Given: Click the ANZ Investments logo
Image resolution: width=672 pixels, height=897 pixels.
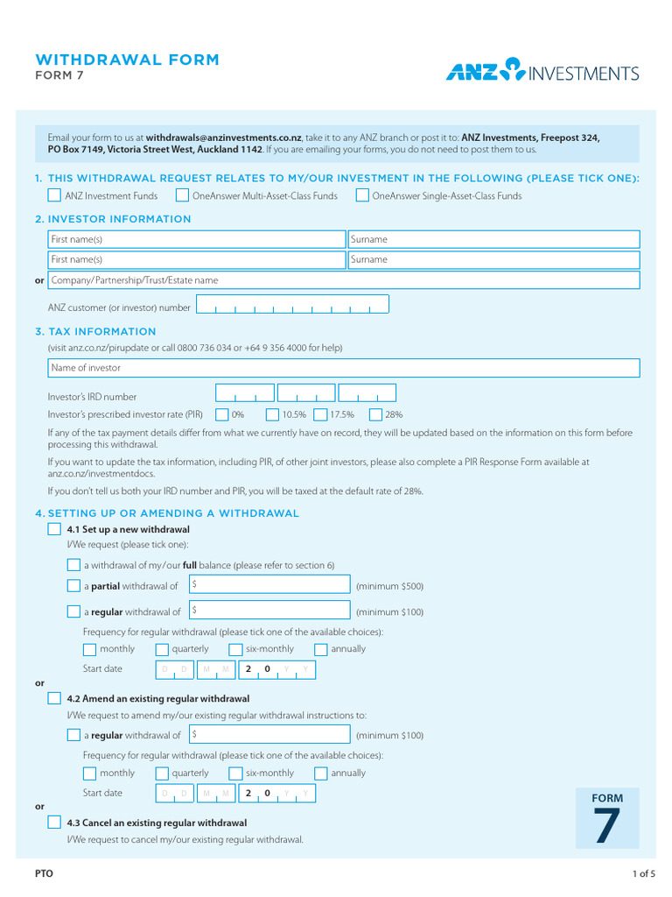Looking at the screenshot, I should (542, 71).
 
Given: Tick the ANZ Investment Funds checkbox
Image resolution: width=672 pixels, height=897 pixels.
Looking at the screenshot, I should (54, 195).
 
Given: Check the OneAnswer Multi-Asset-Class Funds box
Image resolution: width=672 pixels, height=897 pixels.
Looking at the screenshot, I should (182, 195).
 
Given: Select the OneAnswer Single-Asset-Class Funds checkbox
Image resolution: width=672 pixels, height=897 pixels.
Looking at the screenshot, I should (362, 195).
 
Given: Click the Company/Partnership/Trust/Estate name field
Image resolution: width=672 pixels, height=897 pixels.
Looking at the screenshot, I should (343, 280).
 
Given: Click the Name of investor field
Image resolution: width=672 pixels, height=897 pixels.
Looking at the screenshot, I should (343, 368).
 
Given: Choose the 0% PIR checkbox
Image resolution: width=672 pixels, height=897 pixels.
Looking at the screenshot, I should (222, 414).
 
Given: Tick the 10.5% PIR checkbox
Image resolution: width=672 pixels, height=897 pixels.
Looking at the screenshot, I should (272, 414).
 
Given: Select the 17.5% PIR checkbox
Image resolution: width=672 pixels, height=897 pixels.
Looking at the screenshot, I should (321, 414).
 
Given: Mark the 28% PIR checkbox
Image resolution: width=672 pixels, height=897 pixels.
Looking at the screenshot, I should (375, 414).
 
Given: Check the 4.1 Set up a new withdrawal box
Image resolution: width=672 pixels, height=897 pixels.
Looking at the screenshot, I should (54, 529).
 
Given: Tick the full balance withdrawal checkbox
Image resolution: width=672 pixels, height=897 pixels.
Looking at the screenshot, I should (73, 565).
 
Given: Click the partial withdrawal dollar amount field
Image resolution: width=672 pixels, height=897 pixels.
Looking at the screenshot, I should (269, 585).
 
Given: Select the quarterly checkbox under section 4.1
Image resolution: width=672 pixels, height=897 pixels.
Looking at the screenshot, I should (162, 649).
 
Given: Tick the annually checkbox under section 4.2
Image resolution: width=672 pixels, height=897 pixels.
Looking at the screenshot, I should (321, 773).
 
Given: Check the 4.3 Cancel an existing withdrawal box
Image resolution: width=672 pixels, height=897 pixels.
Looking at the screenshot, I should (54, 823).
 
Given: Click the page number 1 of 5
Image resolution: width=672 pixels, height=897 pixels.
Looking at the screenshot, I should (643, 873).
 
